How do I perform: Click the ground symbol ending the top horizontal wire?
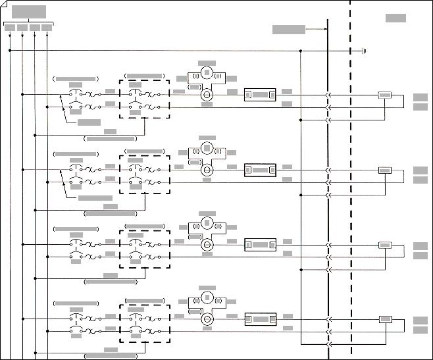click(364, 50)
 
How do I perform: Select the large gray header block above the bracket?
click(29, 11)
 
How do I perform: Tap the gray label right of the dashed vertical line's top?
click(395, 18)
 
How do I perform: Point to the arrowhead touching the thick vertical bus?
click(325, 29)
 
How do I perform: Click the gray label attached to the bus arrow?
click(288, 29)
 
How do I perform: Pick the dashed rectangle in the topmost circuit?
click(144, 99)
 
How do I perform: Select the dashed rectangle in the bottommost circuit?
click(144, 323)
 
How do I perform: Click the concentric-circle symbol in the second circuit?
click(207, 169)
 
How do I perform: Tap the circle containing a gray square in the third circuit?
click(207, 222)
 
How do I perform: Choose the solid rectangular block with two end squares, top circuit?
click(259, 95)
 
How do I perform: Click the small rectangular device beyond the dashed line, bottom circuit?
click(385, 320)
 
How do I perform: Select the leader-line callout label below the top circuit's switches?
click(89, 122)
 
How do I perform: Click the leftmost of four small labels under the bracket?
click(10, 28)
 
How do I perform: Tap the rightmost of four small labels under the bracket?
click(47, 28)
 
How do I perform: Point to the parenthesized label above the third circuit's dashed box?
click(144, 226)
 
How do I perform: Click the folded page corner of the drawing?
click(3, 3)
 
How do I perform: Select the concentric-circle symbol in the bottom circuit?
click(207, 319)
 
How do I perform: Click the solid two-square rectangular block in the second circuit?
click(259, 170)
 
